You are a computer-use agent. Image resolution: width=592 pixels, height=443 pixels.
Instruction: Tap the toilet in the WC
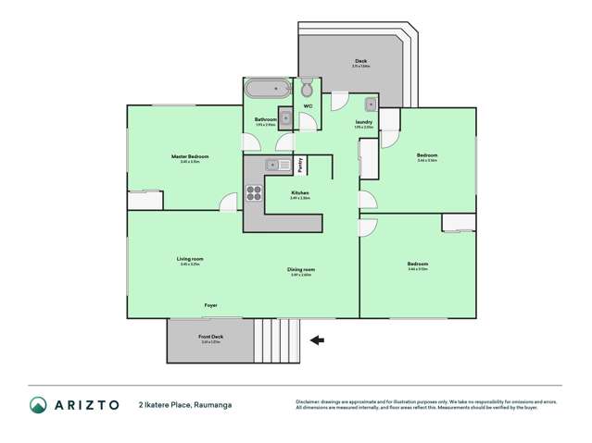coord(307,89)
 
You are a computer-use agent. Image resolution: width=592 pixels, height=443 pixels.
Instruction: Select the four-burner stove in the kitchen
coord(254,193)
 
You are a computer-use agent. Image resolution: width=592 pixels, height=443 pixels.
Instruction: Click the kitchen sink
coord(272,165)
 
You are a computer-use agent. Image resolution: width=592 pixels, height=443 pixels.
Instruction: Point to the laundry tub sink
coord(370,104)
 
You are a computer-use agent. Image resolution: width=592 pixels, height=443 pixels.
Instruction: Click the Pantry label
coord(300,166)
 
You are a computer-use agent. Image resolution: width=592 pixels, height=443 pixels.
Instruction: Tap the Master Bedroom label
coord(190,156)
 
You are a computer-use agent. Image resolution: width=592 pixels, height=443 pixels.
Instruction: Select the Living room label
coord(191,259)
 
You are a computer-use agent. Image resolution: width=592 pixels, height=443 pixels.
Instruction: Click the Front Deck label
coord(211,337)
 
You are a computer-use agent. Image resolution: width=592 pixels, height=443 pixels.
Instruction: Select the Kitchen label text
coord(299,192)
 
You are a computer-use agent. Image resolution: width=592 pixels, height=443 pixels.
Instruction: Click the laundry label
coord(364,121)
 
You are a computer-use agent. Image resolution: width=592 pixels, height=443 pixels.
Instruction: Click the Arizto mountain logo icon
coord(38,405)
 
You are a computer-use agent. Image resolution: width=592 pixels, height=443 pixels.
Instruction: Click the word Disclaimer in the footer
coord(309,400)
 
